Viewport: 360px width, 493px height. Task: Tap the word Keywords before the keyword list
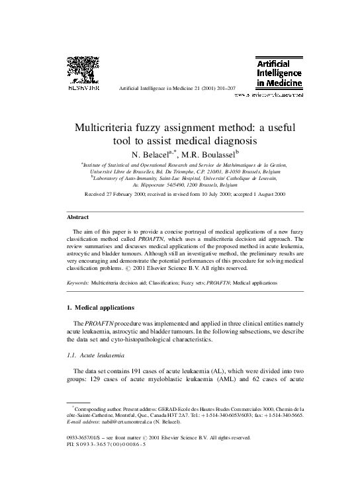(78, 283)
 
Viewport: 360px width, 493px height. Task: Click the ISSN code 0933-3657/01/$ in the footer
(88, 437)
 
